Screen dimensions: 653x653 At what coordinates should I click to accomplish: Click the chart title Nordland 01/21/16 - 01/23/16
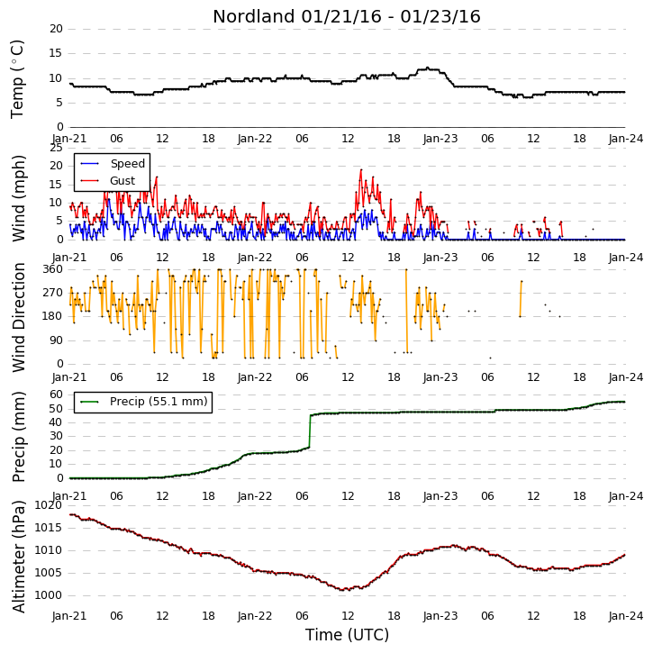click(347, 16)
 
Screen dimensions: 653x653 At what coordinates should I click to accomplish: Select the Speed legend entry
click(113, 163)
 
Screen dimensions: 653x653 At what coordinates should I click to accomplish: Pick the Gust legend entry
click(108, 181)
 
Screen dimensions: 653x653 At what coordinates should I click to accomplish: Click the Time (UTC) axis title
click(347, 635)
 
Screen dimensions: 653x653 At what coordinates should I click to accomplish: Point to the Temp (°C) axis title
click(17, 79)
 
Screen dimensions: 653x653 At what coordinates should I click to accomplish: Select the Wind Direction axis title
click(19, 317)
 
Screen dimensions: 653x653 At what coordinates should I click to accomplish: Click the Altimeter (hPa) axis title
click(19, 557)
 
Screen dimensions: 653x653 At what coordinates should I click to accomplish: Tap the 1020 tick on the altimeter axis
click(49, 505)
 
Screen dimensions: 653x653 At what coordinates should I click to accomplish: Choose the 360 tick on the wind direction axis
click(53, 269)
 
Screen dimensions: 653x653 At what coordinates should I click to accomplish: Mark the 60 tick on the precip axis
click(56, 395)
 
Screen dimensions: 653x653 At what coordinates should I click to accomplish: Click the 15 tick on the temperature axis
click(56, 53)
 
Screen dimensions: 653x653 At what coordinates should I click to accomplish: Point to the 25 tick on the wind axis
click(56, 148)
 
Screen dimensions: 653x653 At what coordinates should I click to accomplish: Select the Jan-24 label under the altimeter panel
click(625, 615)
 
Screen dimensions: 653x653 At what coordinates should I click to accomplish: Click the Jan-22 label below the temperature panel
click(255, 139)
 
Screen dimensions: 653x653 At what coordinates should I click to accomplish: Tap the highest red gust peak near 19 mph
click(361, 170)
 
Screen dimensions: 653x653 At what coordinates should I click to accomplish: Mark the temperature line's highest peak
click(428, 68)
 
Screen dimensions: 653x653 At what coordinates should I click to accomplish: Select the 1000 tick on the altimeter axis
click(49, 595)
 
